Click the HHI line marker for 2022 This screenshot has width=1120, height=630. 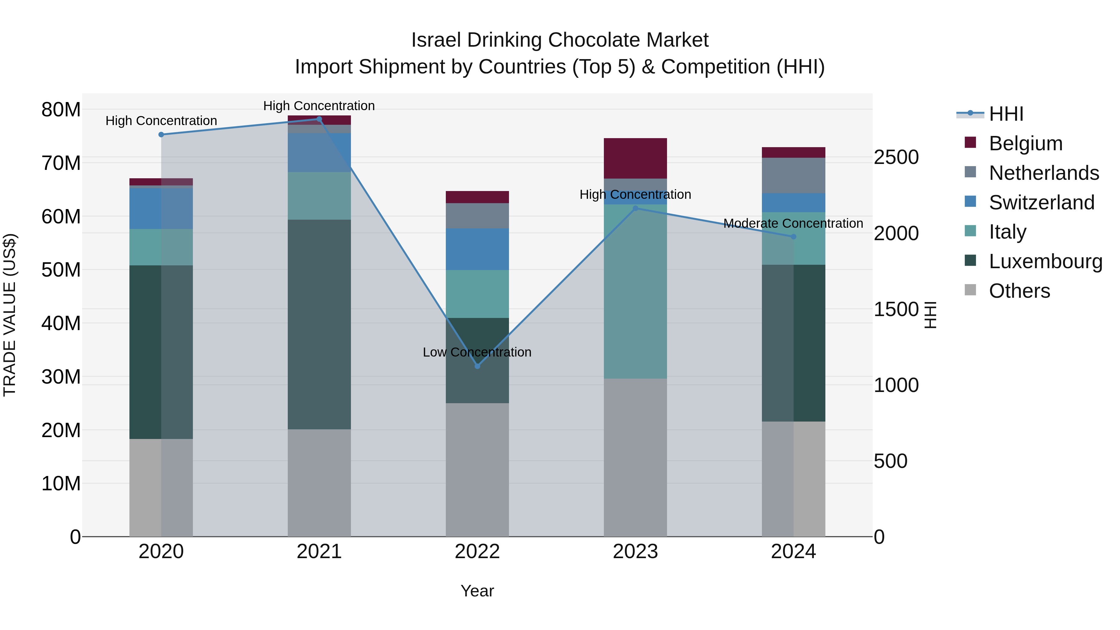click(477, 366)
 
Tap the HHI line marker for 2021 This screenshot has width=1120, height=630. click(319, 119)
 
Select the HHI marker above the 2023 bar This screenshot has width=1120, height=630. click(635, 208)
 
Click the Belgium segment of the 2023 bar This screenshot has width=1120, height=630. click(635, 158)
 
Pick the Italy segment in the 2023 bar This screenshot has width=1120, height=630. click(635, 291)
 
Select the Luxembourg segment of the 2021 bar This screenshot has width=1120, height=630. click(319, 324)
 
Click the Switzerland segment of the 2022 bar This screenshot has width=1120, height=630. click(477, 249)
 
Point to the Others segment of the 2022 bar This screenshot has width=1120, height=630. click(477, 469)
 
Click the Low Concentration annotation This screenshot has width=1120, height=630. click(477, 352)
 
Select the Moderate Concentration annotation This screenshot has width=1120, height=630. click(793, 223)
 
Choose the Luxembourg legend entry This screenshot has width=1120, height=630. click(1045, 261)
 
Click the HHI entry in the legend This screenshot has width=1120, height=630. click(1006, 114)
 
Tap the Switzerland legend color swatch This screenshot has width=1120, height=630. click(970, 202)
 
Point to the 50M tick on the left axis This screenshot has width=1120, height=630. click(61, 270)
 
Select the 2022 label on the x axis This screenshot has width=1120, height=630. click(477, 552)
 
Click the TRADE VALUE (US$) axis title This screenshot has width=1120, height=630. click(10, 315)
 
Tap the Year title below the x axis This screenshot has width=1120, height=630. click(477, 591)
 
